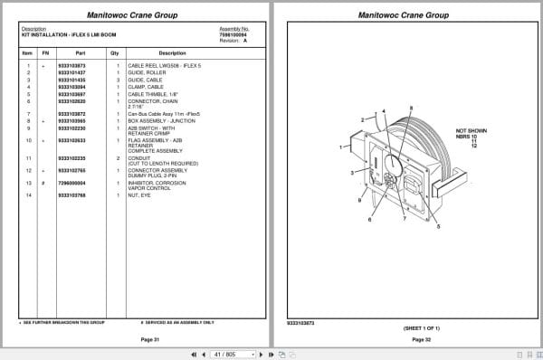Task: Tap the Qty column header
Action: point(115,53)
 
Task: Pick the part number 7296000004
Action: point(71,183)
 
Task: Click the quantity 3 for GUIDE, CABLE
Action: point(118,81)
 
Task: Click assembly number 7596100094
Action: point(233,35)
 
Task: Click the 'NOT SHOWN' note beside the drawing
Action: point(472,130)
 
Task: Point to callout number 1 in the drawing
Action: point(340,145)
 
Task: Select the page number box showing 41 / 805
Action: point(224,354)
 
